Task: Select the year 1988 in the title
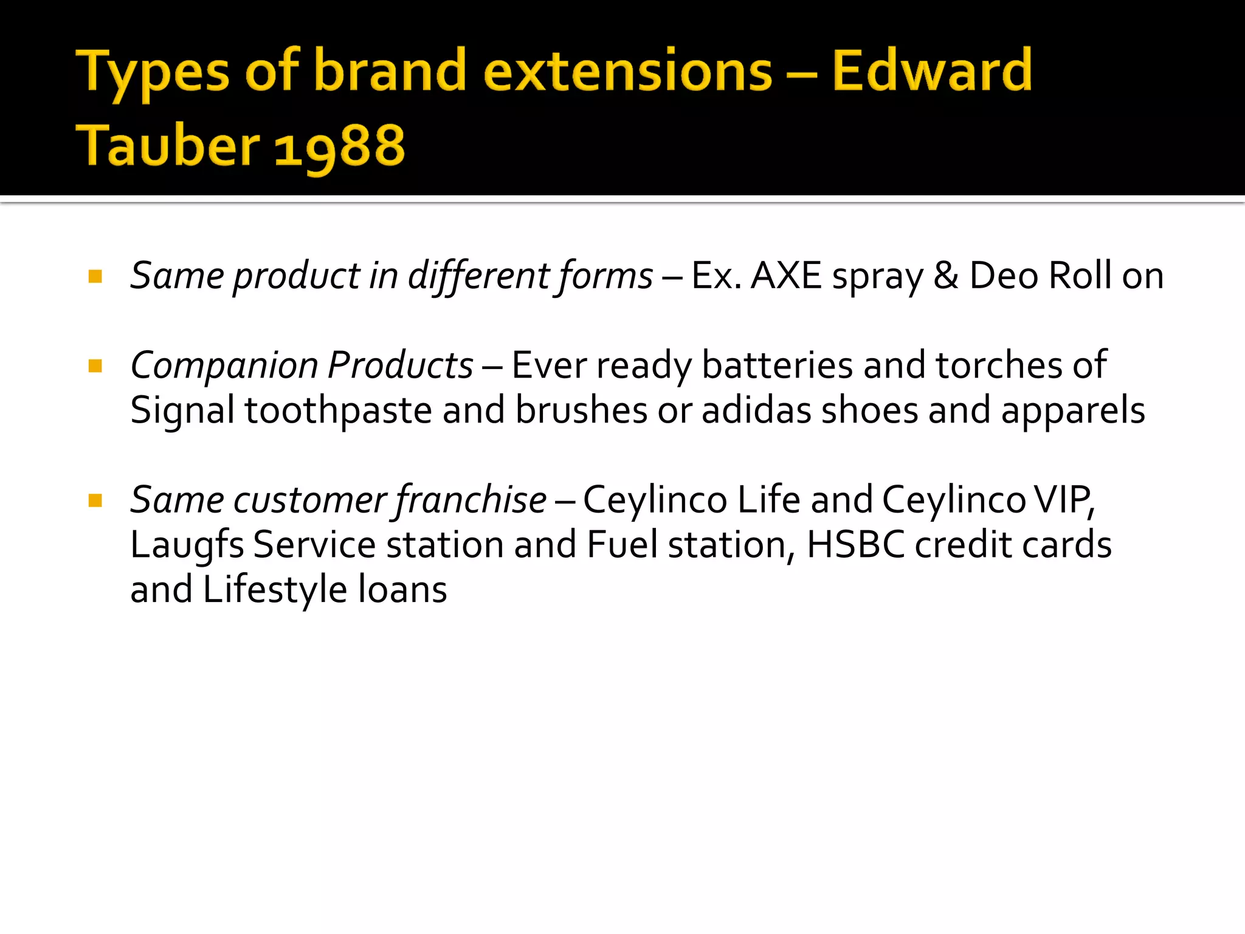coord(340,146)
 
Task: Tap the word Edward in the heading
coord(932,71)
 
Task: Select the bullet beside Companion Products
coord(95,366)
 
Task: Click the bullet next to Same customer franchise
coord(95,500)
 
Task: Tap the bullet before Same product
coord(95,277)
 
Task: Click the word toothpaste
coord(338,410)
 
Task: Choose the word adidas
coord(756,410)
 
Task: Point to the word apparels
coord(1073,410)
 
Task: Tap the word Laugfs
coord(187,545)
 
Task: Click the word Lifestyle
coord(275,590)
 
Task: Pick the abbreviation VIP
coord(1064,500)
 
